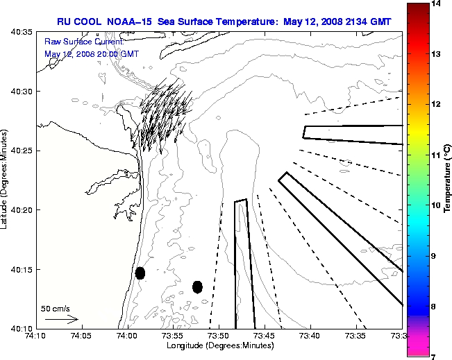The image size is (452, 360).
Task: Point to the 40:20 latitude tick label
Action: [19, 209]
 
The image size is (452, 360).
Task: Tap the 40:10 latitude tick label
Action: [19, 328]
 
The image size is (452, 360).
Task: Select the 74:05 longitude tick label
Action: [81, 336]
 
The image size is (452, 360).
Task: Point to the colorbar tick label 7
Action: [437, 356]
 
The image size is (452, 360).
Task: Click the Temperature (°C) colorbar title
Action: [448, 180]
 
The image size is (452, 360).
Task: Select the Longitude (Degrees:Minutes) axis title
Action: [219, 346]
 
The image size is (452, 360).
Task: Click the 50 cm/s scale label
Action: [56, 309]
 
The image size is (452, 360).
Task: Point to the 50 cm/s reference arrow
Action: [62, 319]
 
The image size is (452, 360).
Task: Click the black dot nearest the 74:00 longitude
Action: [140, 273]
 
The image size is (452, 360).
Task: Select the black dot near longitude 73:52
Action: [197, 286]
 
